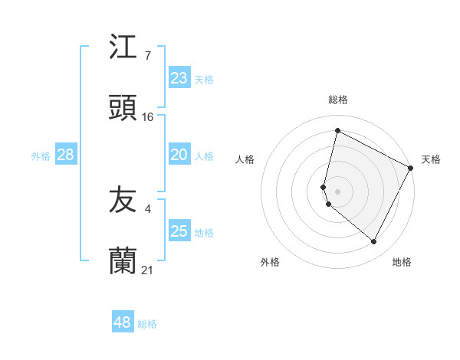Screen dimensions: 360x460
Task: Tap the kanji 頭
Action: (x=123, y=110)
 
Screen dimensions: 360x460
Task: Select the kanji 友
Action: (x=123, y=201)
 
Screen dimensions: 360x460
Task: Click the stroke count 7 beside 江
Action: (x=147, y=56)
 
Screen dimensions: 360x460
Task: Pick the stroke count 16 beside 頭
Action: (x=148, y=117)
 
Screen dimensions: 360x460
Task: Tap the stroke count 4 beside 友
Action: (x=147, y=208)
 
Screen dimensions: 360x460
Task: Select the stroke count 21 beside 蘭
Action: (x=148, y=270)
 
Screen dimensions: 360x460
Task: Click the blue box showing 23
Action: (x=179, y=78)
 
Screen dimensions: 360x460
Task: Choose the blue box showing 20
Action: (x=179, y=155)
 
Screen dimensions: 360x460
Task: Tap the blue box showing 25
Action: (x=179, y=231)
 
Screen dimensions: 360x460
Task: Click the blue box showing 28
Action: (x=66, y=155)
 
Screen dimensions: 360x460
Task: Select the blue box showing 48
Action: (x=123, y=322)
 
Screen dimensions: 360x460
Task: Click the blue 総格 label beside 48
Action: (x=148, y=324)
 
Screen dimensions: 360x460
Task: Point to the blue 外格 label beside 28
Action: (x=41, y=155)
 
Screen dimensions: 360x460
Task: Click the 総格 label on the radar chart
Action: (x=337, y=100)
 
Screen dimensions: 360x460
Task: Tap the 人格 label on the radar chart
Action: (x=245, y=159)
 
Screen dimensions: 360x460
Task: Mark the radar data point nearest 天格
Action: (x=411, y=167)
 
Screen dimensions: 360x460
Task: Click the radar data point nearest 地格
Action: (x=373, y=241)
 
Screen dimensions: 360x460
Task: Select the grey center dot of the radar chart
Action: (x=337, y=191)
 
